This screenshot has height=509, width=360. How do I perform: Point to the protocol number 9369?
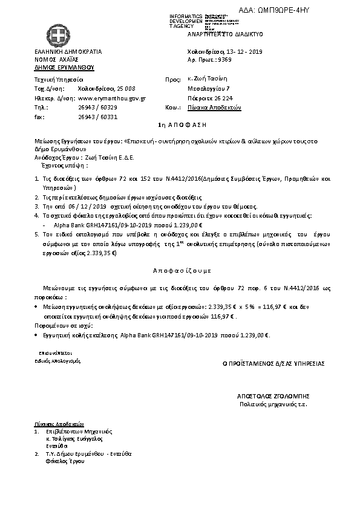[224, 62]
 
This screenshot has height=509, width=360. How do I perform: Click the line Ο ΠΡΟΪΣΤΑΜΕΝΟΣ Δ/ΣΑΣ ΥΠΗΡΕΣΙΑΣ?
[274, 363]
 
